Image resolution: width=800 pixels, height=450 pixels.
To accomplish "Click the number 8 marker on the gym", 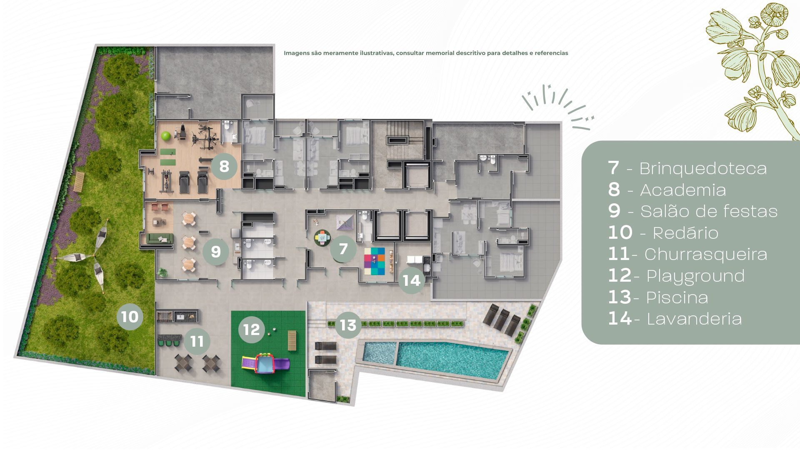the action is pos(224,166).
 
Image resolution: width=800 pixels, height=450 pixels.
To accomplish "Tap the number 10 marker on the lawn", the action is pos(130,317).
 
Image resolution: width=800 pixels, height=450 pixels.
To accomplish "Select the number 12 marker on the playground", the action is pos(251,329).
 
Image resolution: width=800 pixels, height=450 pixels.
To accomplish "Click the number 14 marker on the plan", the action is pos(411,280).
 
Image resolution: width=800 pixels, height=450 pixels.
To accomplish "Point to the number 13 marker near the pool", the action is pos(348,325).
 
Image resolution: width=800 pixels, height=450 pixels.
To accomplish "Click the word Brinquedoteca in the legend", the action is pos(703,169).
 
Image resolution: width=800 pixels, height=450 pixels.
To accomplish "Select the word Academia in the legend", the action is pos(683,190).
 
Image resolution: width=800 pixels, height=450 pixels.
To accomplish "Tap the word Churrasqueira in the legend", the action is pos(706,254).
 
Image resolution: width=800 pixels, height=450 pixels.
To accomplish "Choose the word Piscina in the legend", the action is pos(677,297).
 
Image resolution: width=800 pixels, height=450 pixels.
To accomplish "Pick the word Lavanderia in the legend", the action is pos(694,319).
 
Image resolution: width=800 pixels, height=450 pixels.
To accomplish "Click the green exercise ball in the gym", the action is pos(166,136).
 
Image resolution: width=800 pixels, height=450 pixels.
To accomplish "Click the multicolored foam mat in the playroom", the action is pos(375,261).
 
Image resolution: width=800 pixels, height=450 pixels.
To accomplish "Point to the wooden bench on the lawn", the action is pos(79,182).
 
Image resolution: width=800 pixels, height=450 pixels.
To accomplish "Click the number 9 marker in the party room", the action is pos(215,251).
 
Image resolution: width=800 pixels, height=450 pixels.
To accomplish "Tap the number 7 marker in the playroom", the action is pos(343,249).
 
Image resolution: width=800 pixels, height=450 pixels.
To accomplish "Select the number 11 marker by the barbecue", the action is pos(197,341).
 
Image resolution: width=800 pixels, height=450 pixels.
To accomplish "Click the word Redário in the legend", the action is pos(685,233).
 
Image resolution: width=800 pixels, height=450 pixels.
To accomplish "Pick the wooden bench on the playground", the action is pos(292,341).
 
